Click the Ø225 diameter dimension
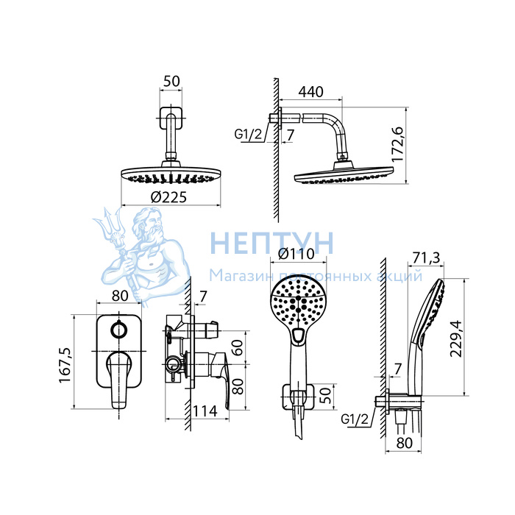click(x=168, y=197)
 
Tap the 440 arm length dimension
click(x=310, y=92)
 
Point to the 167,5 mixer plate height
click(x=65, y=365)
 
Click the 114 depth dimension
click(x=205, y=411)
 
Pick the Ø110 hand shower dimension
click(x=296, y=254)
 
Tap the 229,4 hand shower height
click(x=456, y=338)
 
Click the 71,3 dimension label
click(x=426, y=258)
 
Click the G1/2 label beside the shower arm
click(x=249, y=135)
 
